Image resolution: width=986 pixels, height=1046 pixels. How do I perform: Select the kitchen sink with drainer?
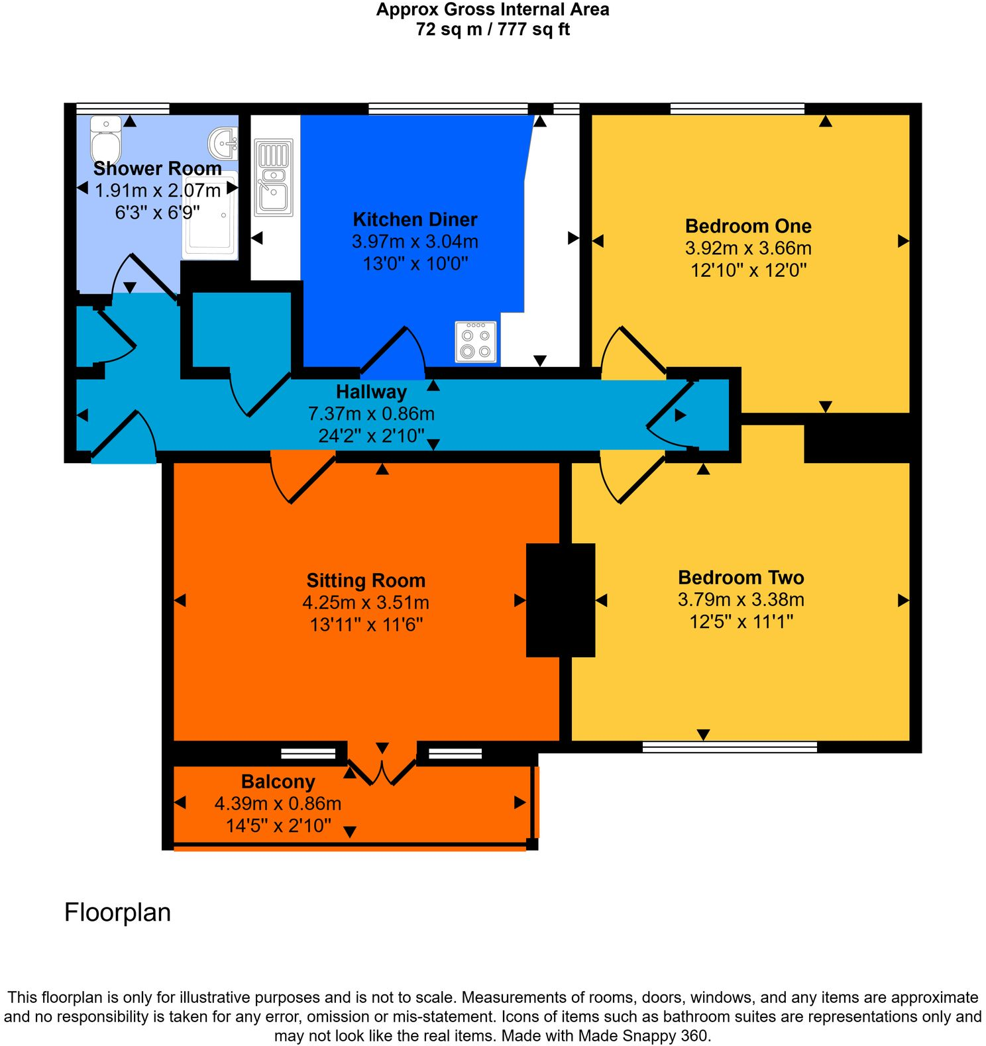click(x=273, y=178)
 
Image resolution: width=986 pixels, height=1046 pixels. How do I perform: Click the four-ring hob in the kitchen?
click(x=476, y=342)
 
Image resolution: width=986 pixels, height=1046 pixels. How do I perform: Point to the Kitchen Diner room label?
click(x=415, y=219)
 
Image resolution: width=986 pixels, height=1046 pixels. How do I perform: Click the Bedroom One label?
click(x=748, y=226)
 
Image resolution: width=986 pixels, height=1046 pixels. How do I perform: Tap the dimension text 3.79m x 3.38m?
click(x=741, y=600)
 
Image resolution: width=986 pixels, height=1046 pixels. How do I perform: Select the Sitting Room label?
click(x=366, y=580)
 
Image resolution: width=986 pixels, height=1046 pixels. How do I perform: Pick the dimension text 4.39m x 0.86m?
click(x=278, y=804)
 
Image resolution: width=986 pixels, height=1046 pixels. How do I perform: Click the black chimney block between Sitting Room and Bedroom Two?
click(x=561, y=600)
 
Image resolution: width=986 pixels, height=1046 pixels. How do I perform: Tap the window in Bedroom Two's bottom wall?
click(x=730, y=747)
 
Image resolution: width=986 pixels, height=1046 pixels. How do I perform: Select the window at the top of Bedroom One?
click(x=738, y=109)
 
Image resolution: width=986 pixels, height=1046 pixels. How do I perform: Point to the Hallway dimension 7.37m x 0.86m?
click(x=371, y=413)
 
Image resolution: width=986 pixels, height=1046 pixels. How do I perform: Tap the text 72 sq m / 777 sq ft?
click(x=492, y=29)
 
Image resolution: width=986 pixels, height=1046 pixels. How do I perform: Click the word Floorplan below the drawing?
click(x=117, y=912)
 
